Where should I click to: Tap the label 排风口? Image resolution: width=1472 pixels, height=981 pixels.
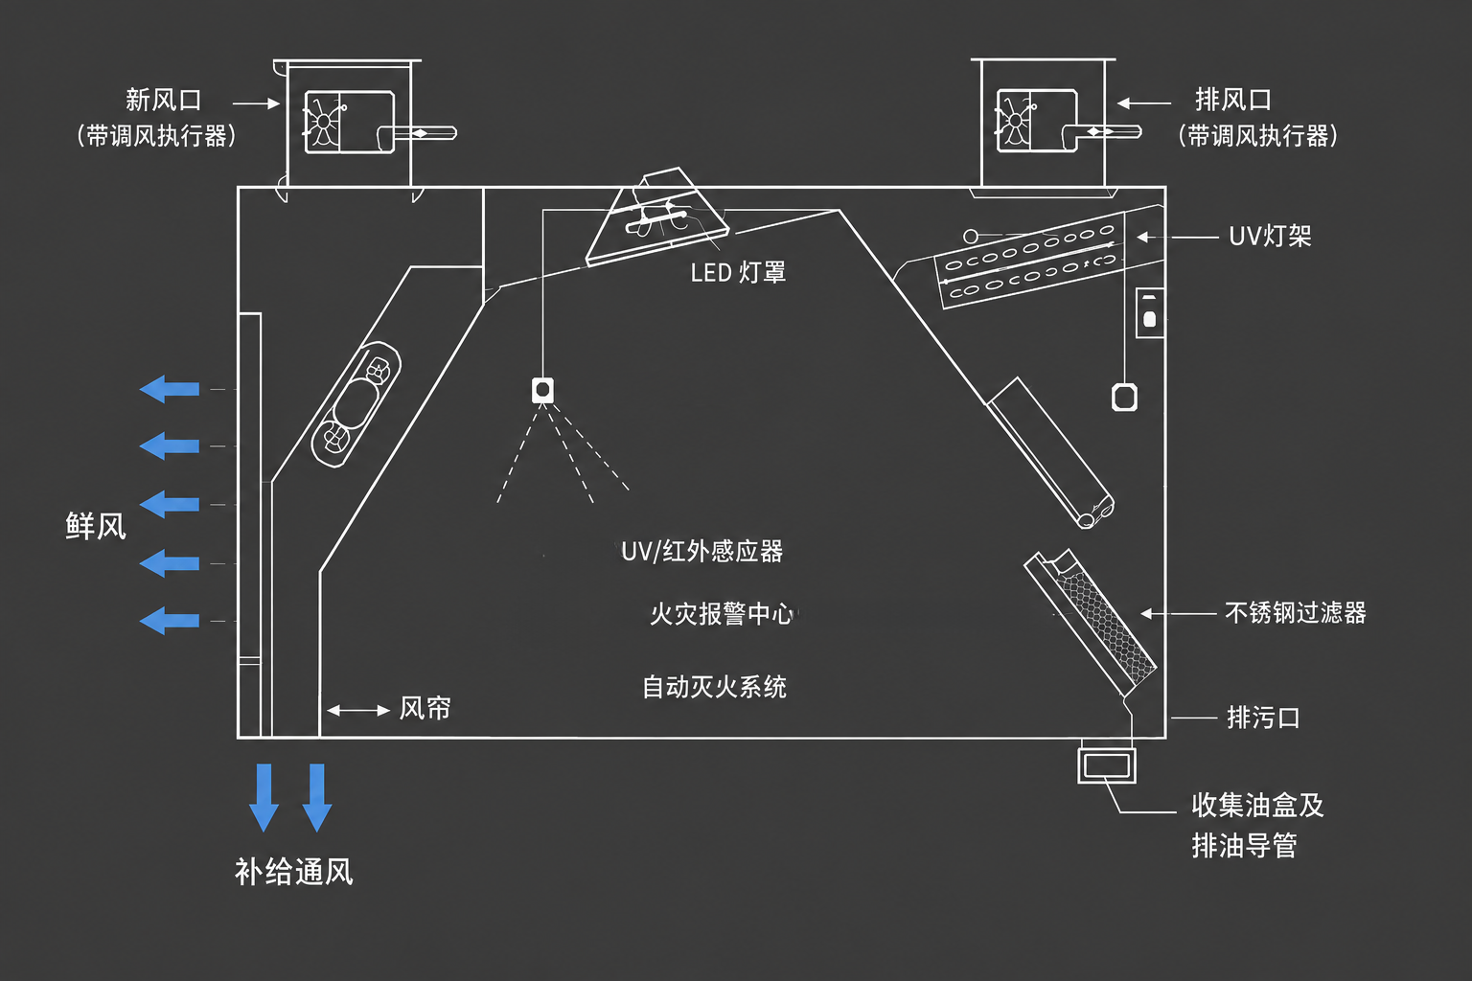[x=1232, y=100]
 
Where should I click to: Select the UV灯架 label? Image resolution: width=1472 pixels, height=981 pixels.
[x=1270, y=236]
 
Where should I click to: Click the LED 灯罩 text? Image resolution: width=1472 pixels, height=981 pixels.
[x=738, y=272]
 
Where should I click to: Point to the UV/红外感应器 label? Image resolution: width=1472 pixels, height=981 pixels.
[x=702, y=551]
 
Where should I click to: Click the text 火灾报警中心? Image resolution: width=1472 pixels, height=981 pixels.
[x=723, y=614]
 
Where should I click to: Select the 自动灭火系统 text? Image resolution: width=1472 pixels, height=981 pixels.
[x=714, y=687]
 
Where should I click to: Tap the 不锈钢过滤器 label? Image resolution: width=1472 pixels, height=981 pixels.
[x=1296, y=613]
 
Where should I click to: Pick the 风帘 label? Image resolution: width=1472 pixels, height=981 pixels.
[x=425, y=708]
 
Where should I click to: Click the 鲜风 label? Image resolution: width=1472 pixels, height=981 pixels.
[x=96, y=526]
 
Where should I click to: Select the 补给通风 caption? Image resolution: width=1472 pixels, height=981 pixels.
[x=294, y=872]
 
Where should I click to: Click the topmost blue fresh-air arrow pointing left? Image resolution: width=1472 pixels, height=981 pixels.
[x=170, y=389]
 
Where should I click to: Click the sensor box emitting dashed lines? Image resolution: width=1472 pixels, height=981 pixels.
[x=542, y=390]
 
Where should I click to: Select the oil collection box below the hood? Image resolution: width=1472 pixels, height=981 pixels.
[x=1107, y=765]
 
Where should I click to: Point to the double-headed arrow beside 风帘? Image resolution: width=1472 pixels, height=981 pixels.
[x=358, y=710]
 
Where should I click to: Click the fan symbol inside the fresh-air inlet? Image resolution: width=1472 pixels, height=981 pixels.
[x=323, y=123]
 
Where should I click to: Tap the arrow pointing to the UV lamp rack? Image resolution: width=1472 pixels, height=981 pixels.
[x=1178, y=238]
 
